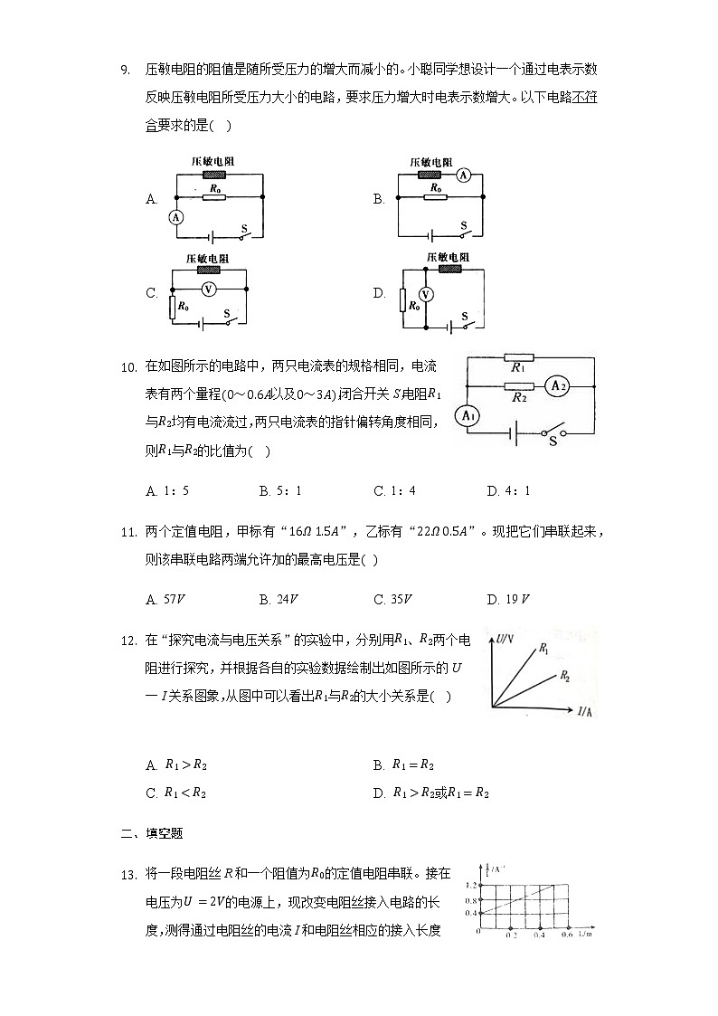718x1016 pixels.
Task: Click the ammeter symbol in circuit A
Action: coord(177,217)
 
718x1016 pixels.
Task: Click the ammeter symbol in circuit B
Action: coord(462,176)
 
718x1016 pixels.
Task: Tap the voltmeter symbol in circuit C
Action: coord(208,289)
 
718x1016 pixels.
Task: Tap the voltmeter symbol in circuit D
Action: coord(430,293)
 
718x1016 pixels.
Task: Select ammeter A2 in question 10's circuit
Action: coord(557,385)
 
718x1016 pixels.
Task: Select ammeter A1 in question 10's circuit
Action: coord(467,416)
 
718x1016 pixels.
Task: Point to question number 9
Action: coord(126,69)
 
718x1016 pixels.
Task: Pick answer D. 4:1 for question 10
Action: coord(508,491)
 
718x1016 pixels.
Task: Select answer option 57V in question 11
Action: coord(171,599)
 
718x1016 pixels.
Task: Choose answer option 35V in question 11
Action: coord(399,599)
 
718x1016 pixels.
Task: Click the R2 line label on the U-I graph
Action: coord(564,676)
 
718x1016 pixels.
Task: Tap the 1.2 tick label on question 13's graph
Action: coord(470,886)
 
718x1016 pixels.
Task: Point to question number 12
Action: coord(128,641)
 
